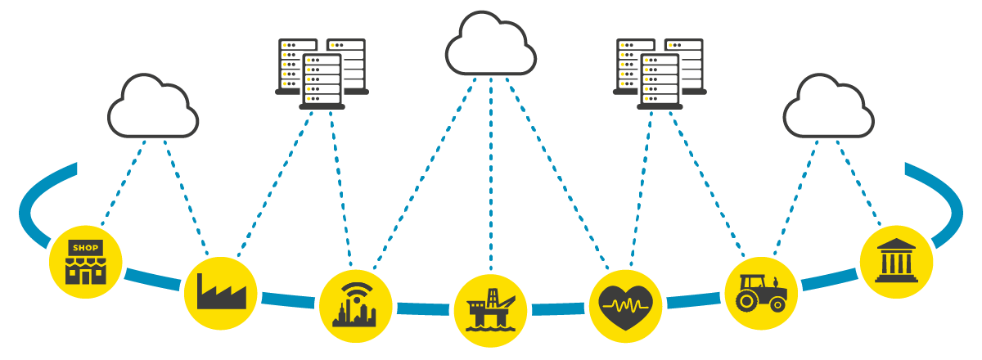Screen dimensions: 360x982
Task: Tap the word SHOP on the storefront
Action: (85, 247)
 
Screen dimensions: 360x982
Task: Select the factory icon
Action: (221, 293)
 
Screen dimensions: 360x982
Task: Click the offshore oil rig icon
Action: (490, 310)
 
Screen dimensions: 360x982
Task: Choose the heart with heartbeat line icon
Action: (625, 305)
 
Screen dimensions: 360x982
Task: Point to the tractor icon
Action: (761, 293)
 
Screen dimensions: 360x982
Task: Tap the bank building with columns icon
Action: (896, 262)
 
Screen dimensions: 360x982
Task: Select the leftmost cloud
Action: (153, 108)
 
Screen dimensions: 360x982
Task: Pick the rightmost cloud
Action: (828, 108)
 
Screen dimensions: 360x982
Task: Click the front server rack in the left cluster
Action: (322, 80)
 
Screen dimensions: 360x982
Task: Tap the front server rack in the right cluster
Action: (660, 80)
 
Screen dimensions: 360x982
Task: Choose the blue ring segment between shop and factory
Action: (152, 278)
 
